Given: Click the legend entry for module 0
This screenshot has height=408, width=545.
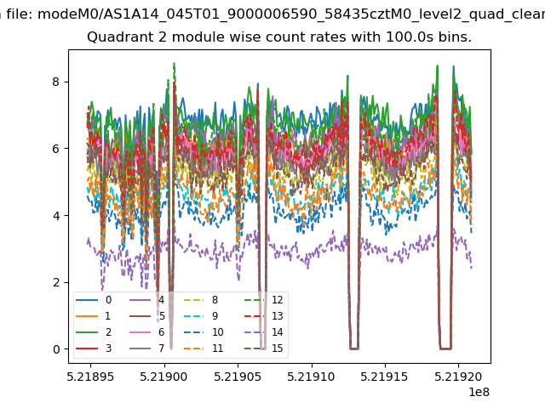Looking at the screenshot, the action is pos(94,300).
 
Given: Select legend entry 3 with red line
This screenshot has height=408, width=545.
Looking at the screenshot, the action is pos(94,348).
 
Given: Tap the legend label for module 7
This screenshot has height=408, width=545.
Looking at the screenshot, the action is pos(146,348).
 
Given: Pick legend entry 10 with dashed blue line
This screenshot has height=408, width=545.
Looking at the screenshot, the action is pos(204,332).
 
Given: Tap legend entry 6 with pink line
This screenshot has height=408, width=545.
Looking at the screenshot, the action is pos(146,332).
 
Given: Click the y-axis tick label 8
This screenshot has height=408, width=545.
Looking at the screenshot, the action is pos(56,82).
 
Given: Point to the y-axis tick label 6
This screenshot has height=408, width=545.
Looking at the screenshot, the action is pos(56,149).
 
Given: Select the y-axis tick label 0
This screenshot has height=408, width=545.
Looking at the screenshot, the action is pos(56,349).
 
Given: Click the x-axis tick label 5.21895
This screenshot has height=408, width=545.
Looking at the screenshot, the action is pos(90,377).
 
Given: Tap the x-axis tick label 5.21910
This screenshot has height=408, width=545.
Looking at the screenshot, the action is pos(311,377).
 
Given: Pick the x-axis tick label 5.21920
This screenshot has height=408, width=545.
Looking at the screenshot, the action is pos(458,377).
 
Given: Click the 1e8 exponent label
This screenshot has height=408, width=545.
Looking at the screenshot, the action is pos(479,392).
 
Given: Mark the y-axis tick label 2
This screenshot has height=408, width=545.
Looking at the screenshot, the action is pos(56,282).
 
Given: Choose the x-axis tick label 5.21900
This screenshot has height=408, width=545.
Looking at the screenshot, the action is pos(163,377).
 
